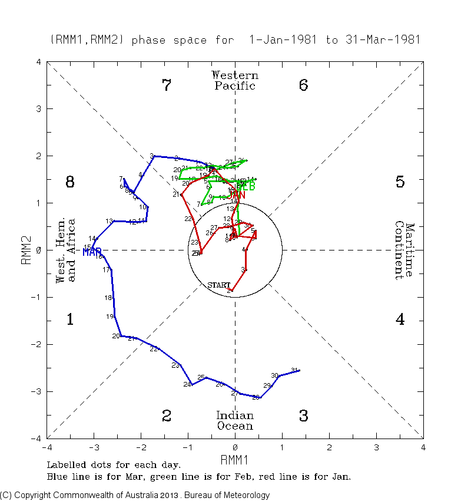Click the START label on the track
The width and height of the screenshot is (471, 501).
[x=218, y=285]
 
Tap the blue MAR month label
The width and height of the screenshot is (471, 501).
[x=92, y=252]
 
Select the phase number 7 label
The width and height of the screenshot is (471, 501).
[x=167, y=85]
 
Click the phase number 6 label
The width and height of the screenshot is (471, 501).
[x=303, y=85]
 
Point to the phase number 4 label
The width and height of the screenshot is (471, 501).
[x=400, y=320]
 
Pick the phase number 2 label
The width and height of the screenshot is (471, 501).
[x=167, y=416]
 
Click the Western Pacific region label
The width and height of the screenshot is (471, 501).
[x=235, y=81]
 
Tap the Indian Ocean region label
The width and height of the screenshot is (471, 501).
[x=235, y=421]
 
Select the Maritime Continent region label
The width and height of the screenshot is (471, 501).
[x=404, y=250]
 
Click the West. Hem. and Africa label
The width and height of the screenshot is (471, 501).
[x=65, y=250]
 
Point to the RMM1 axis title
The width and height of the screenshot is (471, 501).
[x=235, y=459]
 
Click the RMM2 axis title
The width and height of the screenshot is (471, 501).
[x=26, y=250]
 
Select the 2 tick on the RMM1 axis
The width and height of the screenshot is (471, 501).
[x=329, y=446]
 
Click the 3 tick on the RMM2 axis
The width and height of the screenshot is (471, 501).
[x=38, y=109]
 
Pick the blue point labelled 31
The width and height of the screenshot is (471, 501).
[x=300, y=370]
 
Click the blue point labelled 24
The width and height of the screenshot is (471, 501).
[x=191, y=384]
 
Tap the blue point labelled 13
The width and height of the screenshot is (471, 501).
[x=113, y=221]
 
